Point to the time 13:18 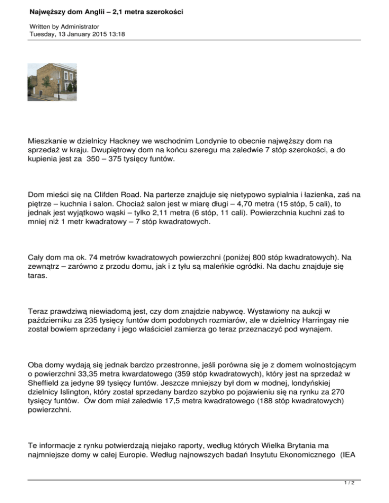[117, 34]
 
